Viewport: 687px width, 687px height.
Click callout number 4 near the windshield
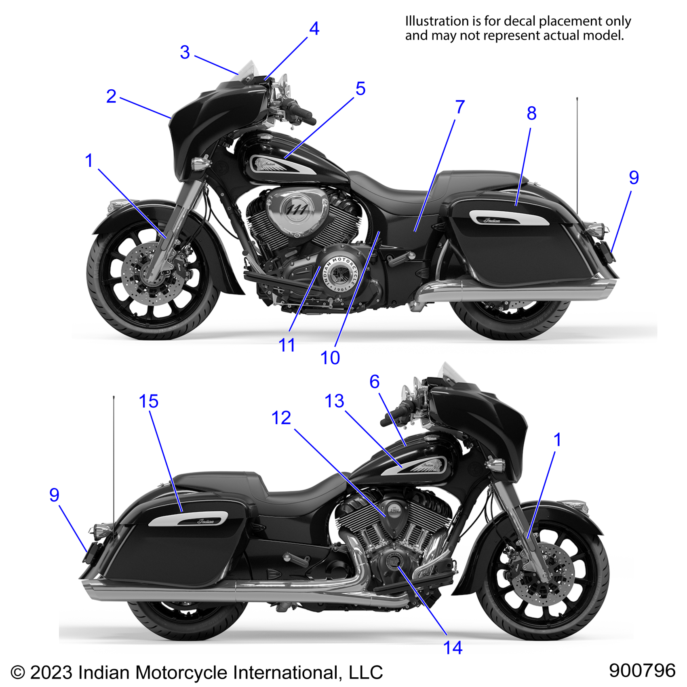314,29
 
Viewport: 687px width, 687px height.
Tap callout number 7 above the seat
460,107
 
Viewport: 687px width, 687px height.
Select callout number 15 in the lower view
148,401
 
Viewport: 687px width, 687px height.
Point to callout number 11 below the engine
287,345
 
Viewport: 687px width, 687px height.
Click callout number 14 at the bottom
453,648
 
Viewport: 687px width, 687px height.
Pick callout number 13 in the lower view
334,401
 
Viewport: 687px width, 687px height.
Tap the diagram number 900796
642,670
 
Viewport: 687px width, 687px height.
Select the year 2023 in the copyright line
51,673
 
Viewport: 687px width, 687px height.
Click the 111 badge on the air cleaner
297,209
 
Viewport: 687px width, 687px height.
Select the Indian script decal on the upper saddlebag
492,220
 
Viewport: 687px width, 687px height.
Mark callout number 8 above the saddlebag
531,114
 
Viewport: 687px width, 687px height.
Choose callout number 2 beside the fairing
111,97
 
